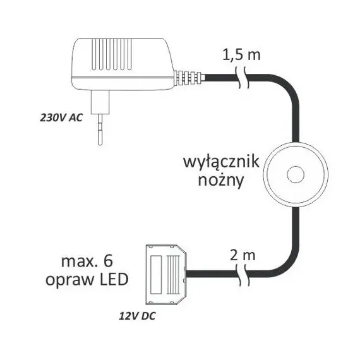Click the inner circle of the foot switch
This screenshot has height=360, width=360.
click(x=294, y=173)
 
